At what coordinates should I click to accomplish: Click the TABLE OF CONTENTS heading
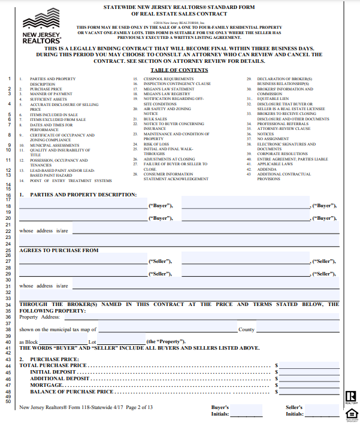[180, 70]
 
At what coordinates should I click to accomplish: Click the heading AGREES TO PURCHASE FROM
[59, 250]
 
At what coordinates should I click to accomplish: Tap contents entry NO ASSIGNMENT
[272, 138]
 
